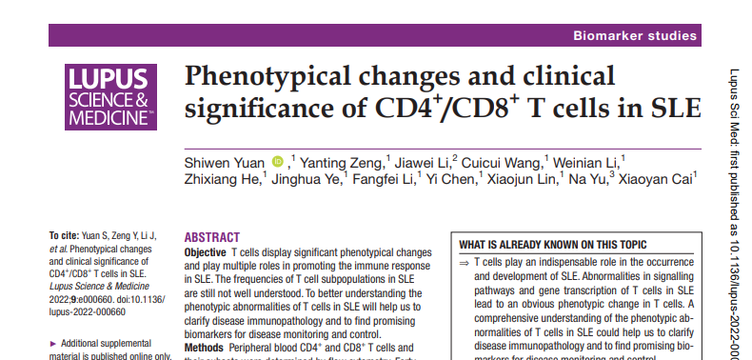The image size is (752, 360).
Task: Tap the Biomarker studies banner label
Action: click(x=633, y=36)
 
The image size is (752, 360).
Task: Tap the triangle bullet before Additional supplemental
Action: click(x=52, y=343)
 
